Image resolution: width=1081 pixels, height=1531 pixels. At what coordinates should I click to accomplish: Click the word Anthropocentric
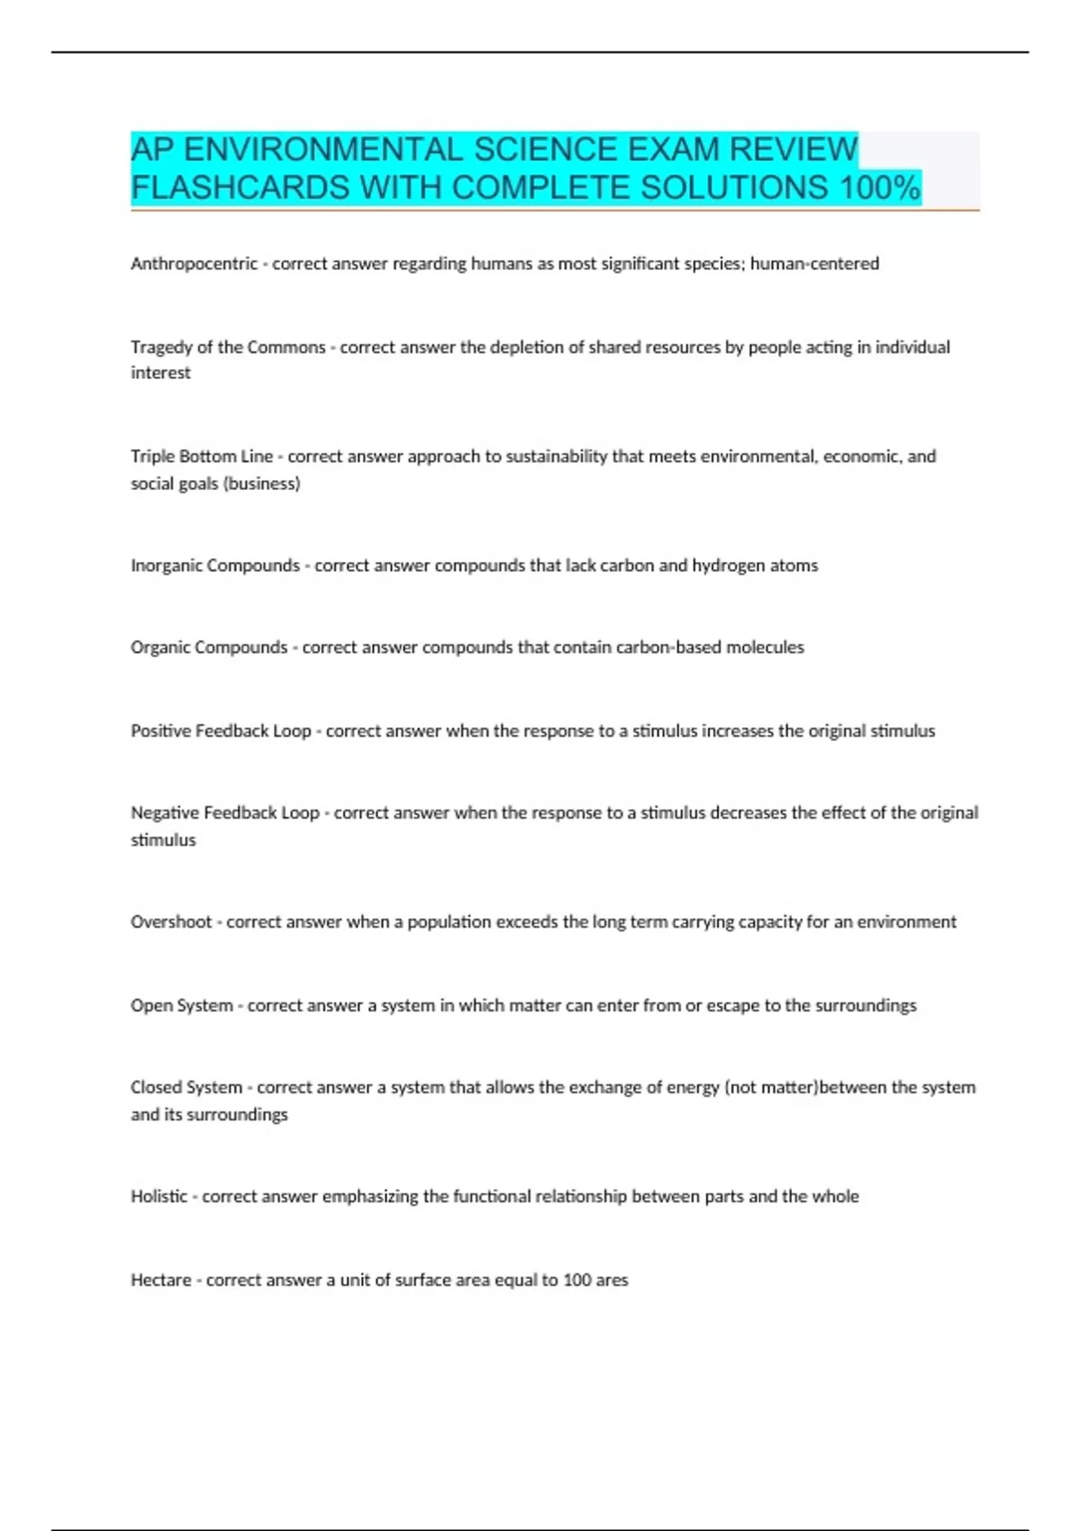194,264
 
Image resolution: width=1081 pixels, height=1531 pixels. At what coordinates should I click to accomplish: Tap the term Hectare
160,1280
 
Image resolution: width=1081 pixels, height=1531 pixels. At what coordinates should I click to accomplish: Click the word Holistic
159,1197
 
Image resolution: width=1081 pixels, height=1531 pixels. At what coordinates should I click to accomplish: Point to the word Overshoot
170,922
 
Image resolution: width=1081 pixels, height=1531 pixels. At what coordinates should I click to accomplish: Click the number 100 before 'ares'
577,1280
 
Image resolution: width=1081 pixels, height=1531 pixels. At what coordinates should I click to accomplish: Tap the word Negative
165,813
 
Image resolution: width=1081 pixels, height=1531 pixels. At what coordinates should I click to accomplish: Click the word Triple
152,457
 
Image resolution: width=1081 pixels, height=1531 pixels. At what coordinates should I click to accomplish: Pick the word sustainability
556,457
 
